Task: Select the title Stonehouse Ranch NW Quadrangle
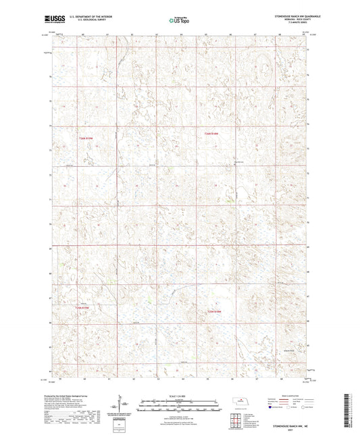278,15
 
